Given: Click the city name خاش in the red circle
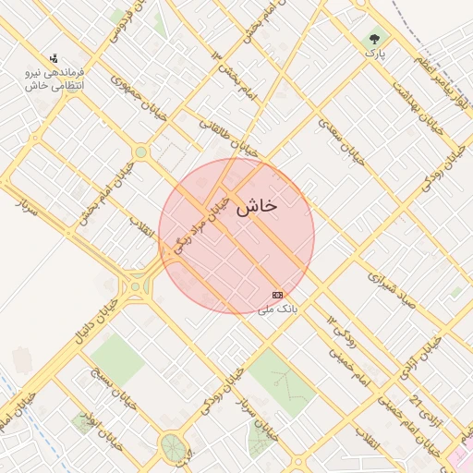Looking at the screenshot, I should (256, 208).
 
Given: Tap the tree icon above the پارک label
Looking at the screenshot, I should (374, 40).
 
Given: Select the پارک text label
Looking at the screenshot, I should (374, 55).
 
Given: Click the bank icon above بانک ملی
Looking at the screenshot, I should (277, 294).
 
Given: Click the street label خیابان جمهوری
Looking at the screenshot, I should (129, 90).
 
